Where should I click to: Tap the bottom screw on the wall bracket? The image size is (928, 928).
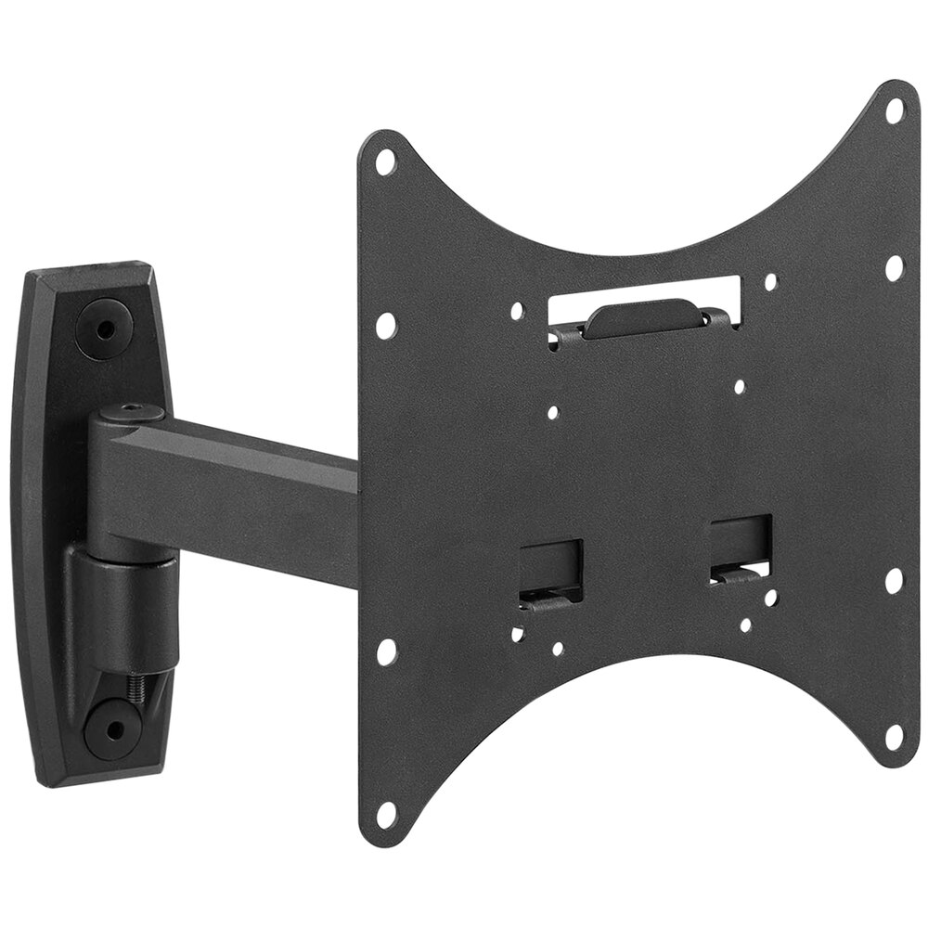click(111, 728)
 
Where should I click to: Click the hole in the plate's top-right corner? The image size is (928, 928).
click(895, 110)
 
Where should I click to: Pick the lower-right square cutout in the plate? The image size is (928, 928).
click(741, 546)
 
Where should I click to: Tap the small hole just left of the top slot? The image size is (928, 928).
click(518, 314)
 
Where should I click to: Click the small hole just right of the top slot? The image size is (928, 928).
click(769, 280)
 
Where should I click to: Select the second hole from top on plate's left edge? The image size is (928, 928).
click(385, 325)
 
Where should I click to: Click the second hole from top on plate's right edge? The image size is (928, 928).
click(894, 268)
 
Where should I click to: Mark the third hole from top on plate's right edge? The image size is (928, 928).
click(894, 581)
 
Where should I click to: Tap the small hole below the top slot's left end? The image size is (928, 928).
click(553, 413)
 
